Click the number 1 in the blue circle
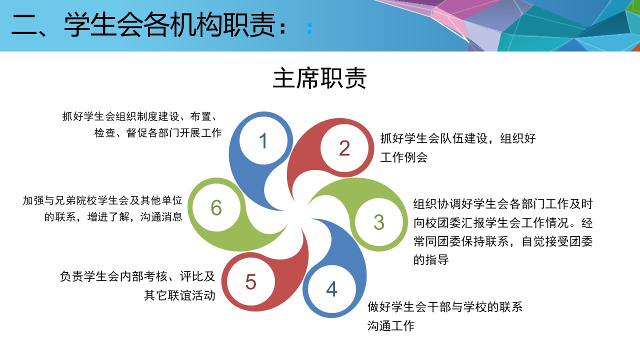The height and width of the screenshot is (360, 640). click(263, 141)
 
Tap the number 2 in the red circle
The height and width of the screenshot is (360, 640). click(344, 148)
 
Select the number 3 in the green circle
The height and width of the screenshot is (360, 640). click(379, 222)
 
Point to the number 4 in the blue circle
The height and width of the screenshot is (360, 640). click(331, 289)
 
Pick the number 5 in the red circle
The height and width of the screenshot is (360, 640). click(251, 282)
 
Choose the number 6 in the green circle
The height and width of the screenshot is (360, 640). click(216, 207)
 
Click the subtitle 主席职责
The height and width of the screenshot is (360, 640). click(319, 78)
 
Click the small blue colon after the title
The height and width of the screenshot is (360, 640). click(309, 28)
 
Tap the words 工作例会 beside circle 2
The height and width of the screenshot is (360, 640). click(403, 157)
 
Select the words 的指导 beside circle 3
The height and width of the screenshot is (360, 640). click(431, 260)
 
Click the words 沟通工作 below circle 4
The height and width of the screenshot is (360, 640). click(391, 325)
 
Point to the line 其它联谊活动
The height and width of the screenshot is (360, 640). click(179, 295)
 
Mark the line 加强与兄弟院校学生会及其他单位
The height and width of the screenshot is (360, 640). click(102, 200)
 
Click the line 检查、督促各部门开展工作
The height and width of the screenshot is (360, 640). click(158, 133)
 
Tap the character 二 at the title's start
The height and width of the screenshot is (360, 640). click(24, 25)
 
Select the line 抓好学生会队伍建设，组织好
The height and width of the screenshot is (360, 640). click(458, 138)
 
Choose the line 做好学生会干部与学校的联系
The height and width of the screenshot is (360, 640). click(445, 307)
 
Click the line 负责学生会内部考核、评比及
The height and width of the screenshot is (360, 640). click(137, 276)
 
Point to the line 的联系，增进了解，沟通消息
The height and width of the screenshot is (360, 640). click(113, 217)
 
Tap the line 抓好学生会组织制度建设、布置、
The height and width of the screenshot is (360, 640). click(140, 116)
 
